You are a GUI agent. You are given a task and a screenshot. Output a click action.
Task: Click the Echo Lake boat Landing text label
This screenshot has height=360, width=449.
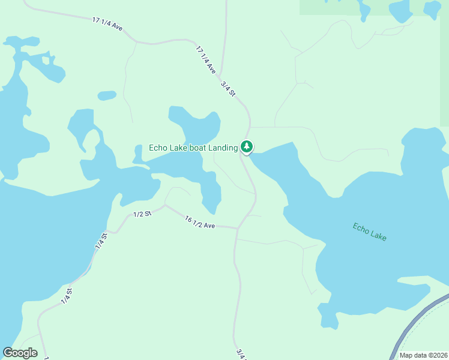pos(193,148)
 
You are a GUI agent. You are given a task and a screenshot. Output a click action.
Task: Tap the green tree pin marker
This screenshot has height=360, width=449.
pos(246,146)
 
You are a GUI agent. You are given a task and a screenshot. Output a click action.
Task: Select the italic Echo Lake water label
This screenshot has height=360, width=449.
pos(369,232)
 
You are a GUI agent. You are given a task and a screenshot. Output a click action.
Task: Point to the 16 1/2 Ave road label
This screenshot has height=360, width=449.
pos(200,223)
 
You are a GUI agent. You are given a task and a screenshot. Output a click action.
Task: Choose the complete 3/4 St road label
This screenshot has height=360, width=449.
pos(228,90)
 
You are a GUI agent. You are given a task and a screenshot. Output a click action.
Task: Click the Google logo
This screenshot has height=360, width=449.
pos(20,353)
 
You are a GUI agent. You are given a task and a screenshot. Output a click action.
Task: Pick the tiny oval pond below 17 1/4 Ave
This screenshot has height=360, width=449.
pos(107,95)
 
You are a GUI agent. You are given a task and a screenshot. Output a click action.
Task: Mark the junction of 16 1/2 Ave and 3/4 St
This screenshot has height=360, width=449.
pos(238,228)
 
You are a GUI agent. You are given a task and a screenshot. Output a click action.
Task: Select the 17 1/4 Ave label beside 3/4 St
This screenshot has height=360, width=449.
pos(206,60)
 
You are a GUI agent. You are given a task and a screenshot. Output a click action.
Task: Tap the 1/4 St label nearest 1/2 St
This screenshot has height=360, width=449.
pos(100,241)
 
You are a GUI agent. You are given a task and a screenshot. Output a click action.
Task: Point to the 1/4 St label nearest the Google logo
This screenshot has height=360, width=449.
pos(67,296)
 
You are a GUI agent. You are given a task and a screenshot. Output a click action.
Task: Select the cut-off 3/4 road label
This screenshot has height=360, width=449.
pos(240,354)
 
